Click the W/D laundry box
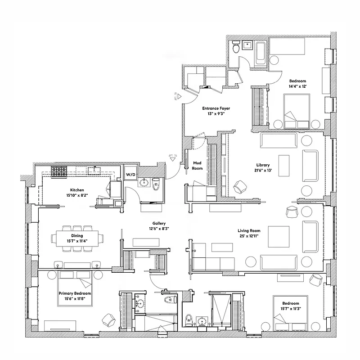pos(130,174)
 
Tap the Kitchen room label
pos(77,190)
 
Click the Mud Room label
pos(197,165)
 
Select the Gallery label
pos(159,223)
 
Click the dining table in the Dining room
pos(76,238)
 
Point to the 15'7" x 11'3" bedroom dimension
pos(290,308)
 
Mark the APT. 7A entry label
pos(171,155)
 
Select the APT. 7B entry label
pos(176,96)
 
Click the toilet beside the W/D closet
pos(156,184)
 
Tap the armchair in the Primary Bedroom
pos(109,319)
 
